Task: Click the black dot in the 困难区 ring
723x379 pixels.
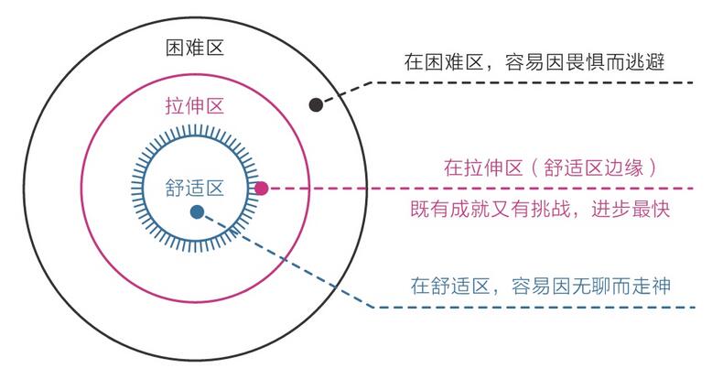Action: (x=316, y=104)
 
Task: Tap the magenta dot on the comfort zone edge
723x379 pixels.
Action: (x=262, y=188)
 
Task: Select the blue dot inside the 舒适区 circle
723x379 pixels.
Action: (x=197, y=211)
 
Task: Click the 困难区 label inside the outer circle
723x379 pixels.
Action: (x=195, y=48)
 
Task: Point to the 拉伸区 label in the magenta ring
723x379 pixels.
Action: (x=195, y=106)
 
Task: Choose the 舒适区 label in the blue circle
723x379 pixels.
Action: (x=195, y=188)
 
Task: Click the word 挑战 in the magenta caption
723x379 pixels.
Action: (x=551, y=210)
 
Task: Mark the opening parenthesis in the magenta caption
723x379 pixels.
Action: (x=534, y=168)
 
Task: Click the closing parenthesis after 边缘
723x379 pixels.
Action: (x=652, y=168)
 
